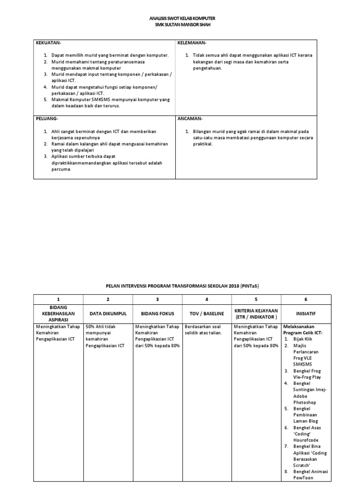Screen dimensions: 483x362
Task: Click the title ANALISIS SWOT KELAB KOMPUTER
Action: [x=181, y=18]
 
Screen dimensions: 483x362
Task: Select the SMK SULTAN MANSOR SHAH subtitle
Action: [x=181, y=25]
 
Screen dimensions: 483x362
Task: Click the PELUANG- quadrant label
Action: [x=47, y=118]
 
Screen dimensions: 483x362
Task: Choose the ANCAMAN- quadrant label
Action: [x=190, y=118]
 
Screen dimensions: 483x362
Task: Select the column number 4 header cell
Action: [x=206, y=300]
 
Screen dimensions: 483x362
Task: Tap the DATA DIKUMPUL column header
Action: [x=108, y=313]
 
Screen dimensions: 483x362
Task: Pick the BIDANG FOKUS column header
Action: [x=157, y=313]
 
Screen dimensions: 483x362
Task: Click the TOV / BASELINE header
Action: [x=206, y=313]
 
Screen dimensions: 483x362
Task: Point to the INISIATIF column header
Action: [x=306, y=313]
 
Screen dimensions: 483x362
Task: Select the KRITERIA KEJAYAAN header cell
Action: [x=256, y=313]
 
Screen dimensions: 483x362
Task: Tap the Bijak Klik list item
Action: [x=303, y=339]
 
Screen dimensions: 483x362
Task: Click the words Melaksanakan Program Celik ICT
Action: [x=304, y=329]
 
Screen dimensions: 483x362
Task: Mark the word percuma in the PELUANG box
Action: [x=61, y=169]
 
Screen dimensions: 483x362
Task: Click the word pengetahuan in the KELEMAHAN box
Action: [x=207, y=68]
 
